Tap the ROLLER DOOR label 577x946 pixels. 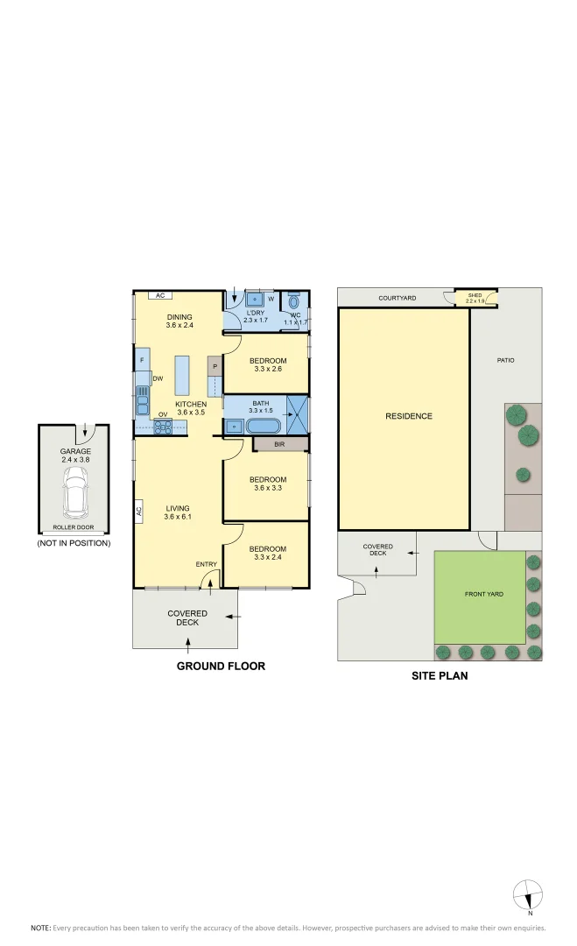pos(74,528)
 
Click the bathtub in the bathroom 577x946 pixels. pos(263,427)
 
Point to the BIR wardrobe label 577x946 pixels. pos(279,445)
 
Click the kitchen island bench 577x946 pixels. pos(183,376)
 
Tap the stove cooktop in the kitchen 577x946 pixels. pos(163,427)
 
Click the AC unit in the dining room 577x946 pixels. pos(159,296)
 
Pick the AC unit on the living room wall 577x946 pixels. pos(138,511)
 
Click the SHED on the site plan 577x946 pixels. pos(475,299)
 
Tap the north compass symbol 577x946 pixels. pos(528,894)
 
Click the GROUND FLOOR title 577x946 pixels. pos(221,667)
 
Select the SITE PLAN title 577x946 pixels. pos(440,675)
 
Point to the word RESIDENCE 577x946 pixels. pos(409,416)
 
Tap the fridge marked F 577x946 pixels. pos(142,359)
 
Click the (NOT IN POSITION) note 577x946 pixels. pos(74,543)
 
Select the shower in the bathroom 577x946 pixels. pos(298,415)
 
